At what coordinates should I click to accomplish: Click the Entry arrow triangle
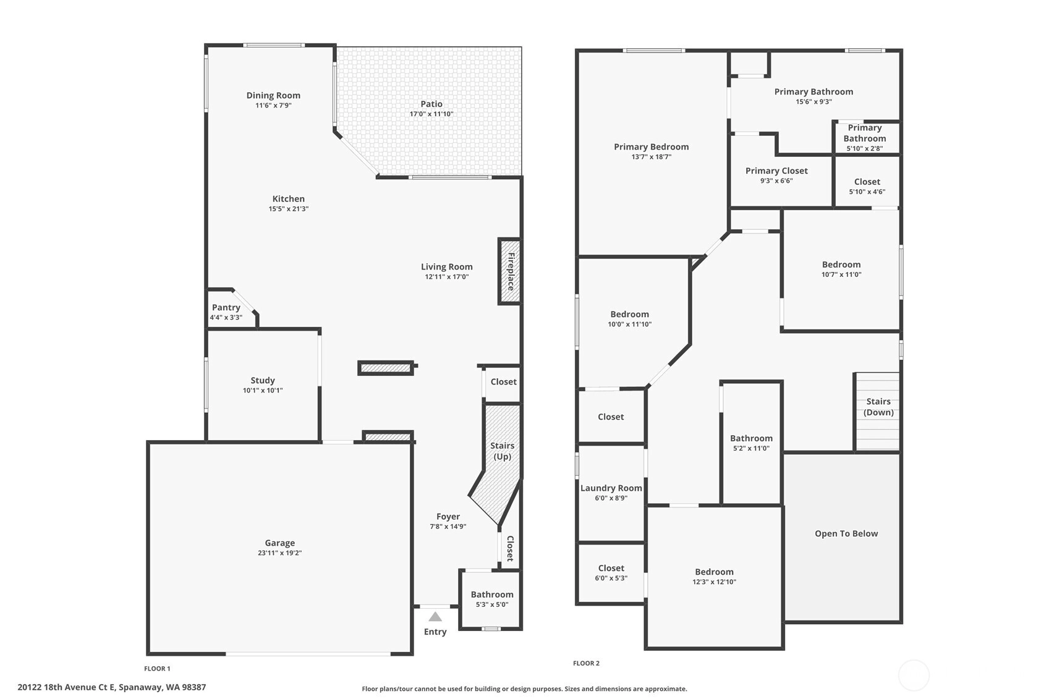pos(435,617)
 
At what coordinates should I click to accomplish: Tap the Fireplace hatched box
pos(509,271)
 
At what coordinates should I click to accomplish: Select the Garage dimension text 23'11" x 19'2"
pos(279,553)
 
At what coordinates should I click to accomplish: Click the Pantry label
pos(226,307)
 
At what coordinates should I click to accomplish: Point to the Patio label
pos(431,104)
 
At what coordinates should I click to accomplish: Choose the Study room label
pos(263,380)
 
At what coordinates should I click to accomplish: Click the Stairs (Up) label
pos(503,451)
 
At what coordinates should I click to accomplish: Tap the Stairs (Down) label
pos(878,407)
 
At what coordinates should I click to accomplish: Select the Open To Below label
pos(846,534)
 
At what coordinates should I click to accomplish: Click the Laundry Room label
pos(611,488)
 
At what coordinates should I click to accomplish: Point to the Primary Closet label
pos(776,171)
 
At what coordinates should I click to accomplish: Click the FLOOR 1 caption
pos(158,669)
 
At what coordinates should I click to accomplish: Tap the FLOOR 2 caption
pos(587,663)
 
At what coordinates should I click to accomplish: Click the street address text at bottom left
pos(112,687)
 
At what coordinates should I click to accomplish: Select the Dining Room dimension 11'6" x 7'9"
pos(273,105)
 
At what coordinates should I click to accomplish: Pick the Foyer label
pos(448,517)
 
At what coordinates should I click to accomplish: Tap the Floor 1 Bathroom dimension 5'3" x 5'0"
pos(492,604)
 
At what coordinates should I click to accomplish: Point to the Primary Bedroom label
pos(652,146)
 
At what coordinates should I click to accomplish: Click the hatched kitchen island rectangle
pos(386,368)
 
